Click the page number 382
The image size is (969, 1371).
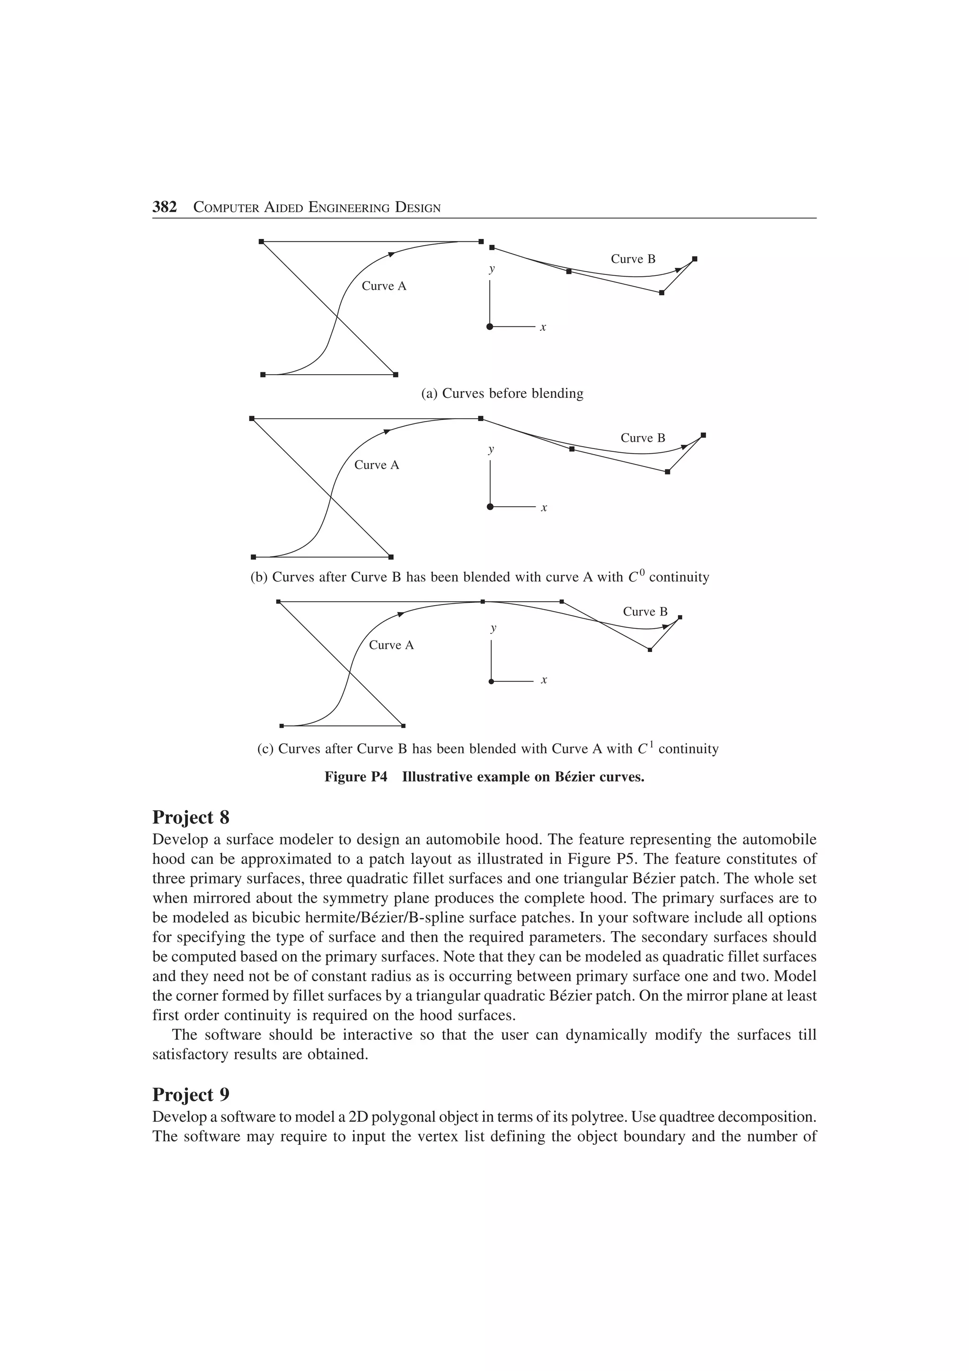(165, 207)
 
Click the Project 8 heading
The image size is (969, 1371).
(191, 816)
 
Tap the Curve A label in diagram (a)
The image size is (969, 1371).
(384, 286)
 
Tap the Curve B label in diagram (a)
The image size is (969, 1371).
(633, 259)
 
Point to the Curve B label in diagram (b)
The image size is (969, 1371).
(643, 438)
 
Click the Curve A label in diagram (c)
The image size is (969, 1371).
(391, 645)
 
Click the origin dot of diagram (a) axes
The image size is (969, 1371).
(490, 326)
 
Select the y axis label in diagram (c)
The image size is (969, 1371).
(493, 628)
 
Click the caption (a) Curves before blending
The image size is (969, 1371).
(502, 394)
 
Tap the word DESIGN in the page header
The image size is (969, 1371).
(418, 208)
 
